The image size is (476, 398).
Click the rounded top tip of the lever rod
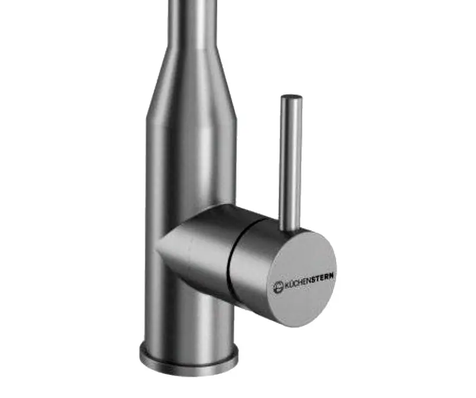(x=291, y=97)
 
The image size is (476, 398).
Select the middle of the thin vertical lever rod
(x=290, y=162)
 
